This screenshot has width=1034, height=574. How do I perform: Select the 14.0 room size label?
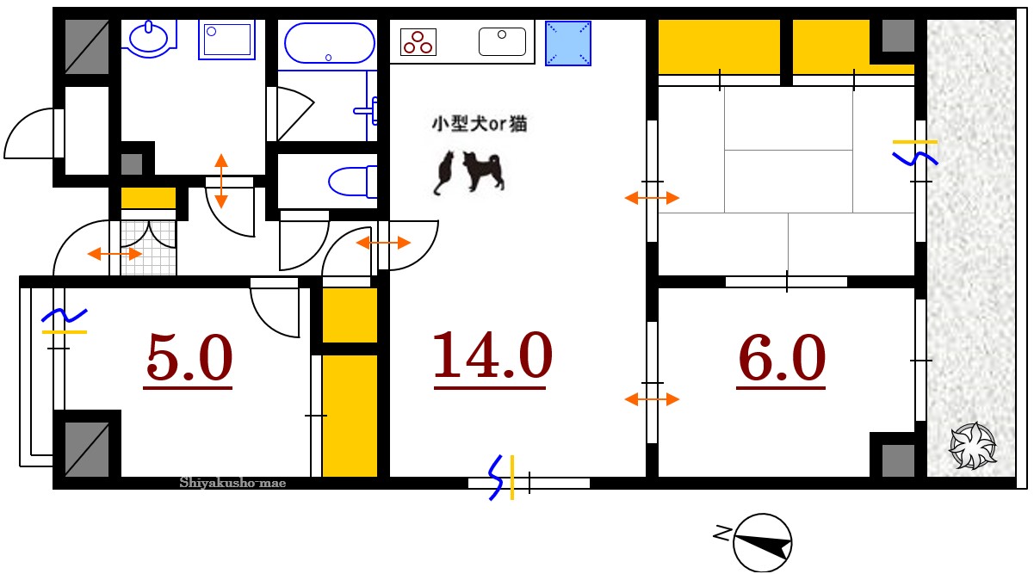491,355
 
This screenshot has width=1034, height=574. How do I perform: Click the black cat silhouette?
444,172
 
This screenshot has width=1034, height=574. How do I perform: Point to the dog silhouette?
483,171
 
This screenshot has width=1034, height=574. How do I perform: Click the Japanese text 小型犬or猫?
479,124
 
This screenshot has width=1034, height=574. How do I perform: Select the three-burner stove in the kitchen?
418,41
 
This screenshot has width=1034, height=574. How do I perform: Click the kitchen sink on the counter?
502,41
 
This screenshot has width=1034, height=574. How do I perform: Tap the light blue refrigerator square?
568,42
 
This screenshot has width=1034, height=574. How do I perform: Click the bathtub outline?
329,43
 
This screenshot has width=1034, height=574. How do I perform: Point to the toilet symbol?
352,182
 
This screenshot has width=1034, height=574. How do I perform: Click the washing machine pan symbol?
227,40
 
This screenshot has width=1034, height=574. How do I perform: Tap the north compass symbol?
763,541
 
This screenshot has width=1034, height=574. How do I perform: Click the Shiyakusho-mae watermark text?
232,483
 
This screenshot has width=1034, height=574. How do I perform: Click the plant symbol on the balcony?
972,446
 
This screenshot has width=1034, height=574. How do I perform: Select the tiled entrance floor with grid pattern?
148,248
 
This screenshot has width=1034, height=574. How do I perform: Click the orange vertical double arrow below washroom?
221,181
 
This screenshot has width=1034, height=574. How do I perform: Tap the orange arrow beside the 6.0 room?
652,399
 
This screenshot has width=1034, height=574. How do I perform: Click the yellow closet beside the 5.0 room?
350,415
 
